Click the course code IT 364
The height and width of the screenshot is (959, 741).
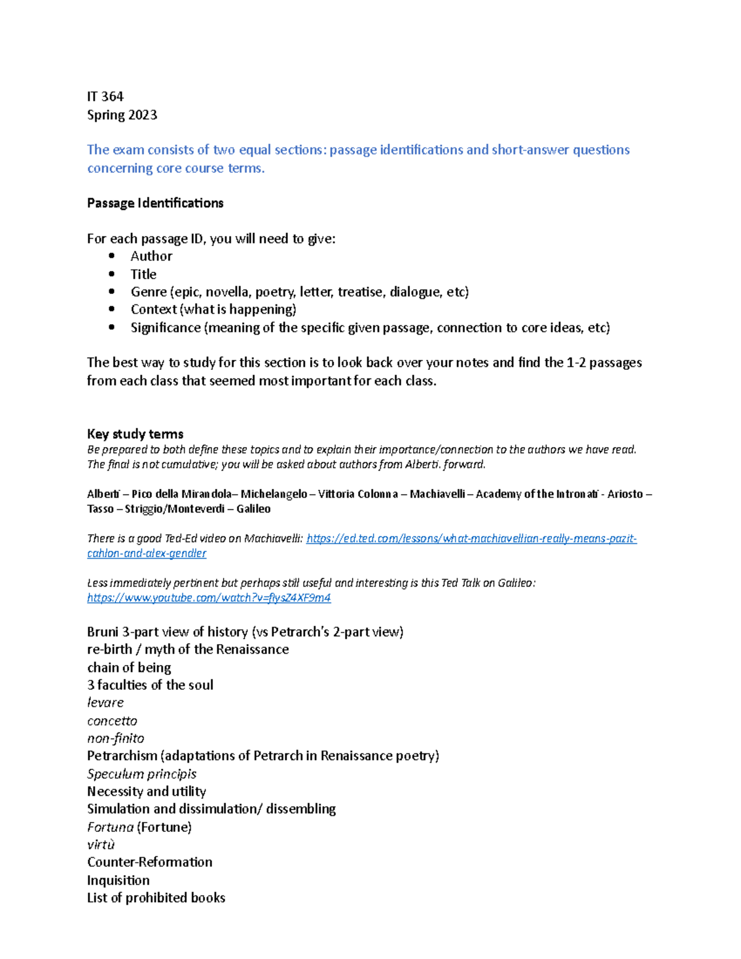point(105,96)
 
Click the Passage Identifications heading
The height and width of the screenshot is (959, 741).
point(155,203)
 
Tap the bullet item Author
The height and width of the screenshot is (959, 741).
point(151,256)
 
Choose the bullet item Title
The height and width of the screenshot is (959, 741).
point(143,274)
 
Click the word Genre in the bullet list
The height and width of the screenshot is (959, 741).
point(149,291)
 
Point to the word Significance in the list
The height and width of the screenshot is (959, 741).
point(165,327)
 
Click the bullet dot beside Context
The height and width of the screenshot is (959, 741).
point(112,309)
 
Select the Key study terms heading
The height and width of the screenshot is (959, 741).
point(135,433)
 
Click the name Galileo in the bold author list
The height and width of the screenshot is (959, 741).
point(253,509)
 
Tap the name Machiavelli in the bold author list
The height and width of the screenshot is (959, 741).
point(437,494)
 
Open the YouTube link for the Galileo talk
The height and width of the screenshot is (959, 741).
point(209,598)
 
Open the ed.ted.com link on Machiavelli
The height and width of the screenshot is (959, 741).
point(471,538)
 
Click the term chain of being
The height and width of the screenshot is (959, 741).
point(129,668)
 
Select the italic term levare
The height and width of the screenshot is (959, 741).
point(106,703)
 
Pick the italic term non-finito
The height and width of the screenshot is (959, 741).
point(115,739)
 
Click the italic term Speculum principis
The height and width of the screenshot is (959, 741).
point(141,774)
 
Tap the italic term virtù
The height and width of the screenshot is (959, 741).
point(101,845)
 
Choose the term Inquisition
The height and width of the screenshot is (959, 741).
point(118,880)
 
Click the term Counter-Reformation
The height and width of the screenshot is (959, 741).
point(149,862)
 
